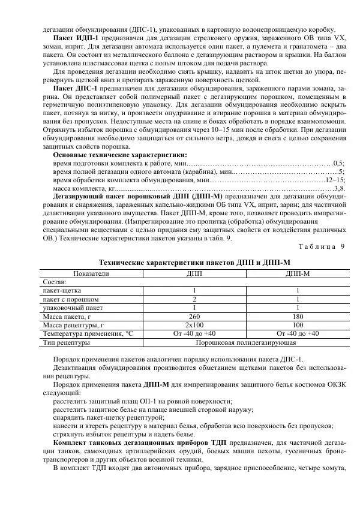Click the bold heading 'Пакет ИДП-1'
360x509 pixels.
coord(66,38)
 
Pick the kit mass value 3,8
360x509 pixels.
coord(338,188)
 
